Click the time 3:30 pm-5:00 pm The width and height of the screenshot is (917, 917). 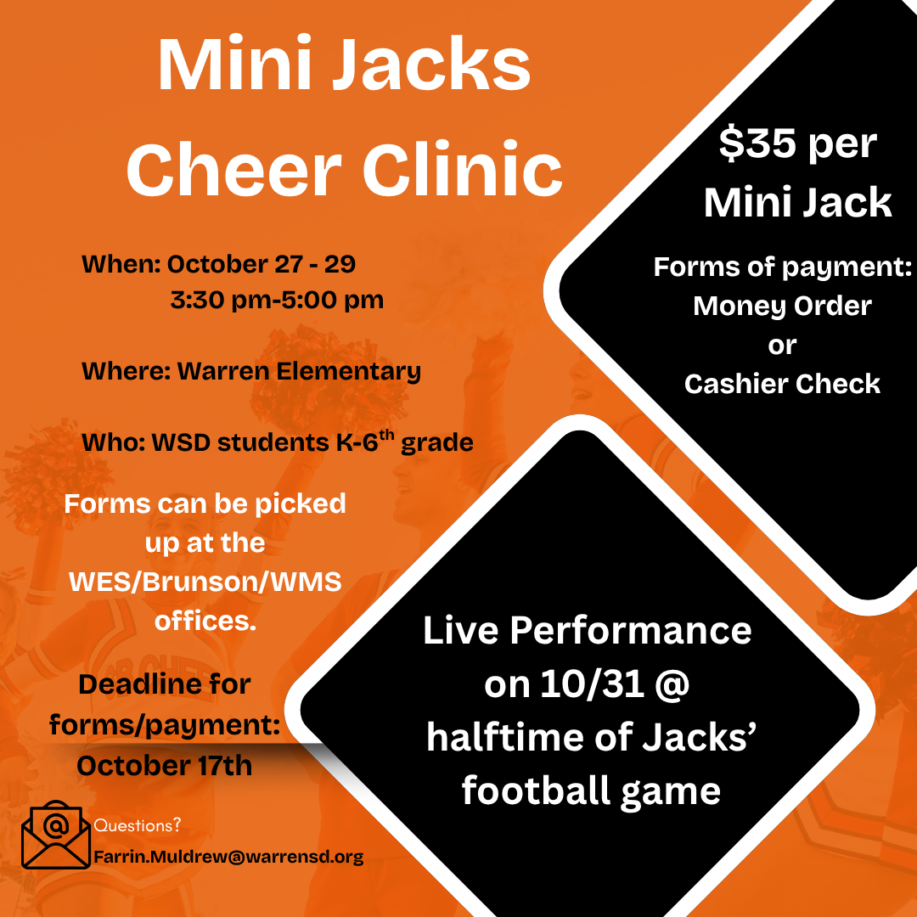pos(277,300)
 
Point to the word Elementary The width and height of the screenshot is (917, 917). pos(349,372)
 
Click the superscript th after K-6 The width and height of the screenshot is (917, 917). pos(386,435)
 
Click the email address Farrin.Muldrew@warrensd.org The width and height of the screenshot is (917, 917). pos(228,857)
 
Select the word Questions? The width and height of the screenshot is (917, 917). pos(138,825)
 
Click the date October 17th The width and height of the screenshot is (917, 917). pos(165,766)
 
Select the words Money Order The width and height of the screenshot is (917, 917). pos(783,307)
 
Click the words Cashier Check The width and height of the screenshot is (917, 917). pos(783,385)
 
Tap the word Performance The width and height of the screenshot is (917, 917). pos(630,630)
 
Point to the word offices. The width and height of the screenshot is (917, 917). pos(205,621)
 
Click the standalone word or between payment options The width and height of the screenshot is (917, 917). pos(783,346)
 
